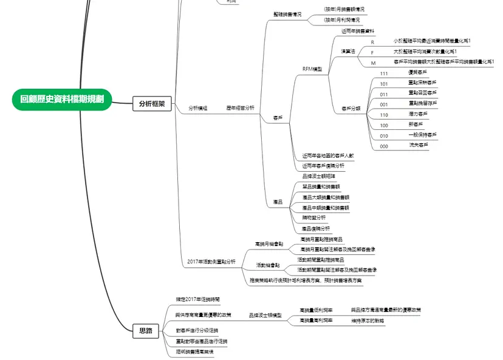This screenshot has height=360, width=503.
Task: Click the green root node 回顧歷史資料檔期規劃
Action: (x=62, y=99)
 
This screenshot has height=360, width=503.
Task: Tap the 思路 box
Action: (x=146, y=331)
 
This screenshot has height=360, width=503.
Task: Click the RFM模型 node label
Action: (x=312, y=69)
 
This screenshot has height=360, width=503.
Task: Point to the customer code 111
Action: (x=384, y=73)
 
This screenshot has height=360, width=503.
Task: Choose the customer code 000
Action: (x=384, y=146)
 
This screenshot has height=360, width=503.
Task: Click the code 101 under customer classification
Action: (x=384, y=84)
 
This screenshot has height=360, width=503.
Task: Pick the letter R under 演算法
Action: (x=372, y=42)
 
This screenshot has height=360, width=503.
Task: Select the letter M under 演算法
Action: (x=373, y=63)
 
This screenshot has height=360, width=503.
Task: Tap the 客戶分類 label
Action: (x=351, y=109)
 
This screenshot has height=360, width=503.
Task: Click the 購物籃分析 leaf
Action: (x=314, y=217)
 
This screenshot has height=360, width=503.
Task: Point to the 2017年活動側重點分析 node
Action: (x=211, y=262)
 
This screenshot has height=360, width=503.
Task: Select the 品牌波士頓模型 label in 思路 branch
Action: (x=265, y=316)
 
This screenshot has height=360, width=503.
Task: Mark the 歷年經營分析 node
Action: (x=241, y=108)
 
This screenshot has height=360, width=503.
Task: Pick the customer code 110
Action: (x=384, y=115)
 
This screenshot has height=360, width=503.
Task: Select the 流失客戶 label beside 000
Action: (x=419, y=146)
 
